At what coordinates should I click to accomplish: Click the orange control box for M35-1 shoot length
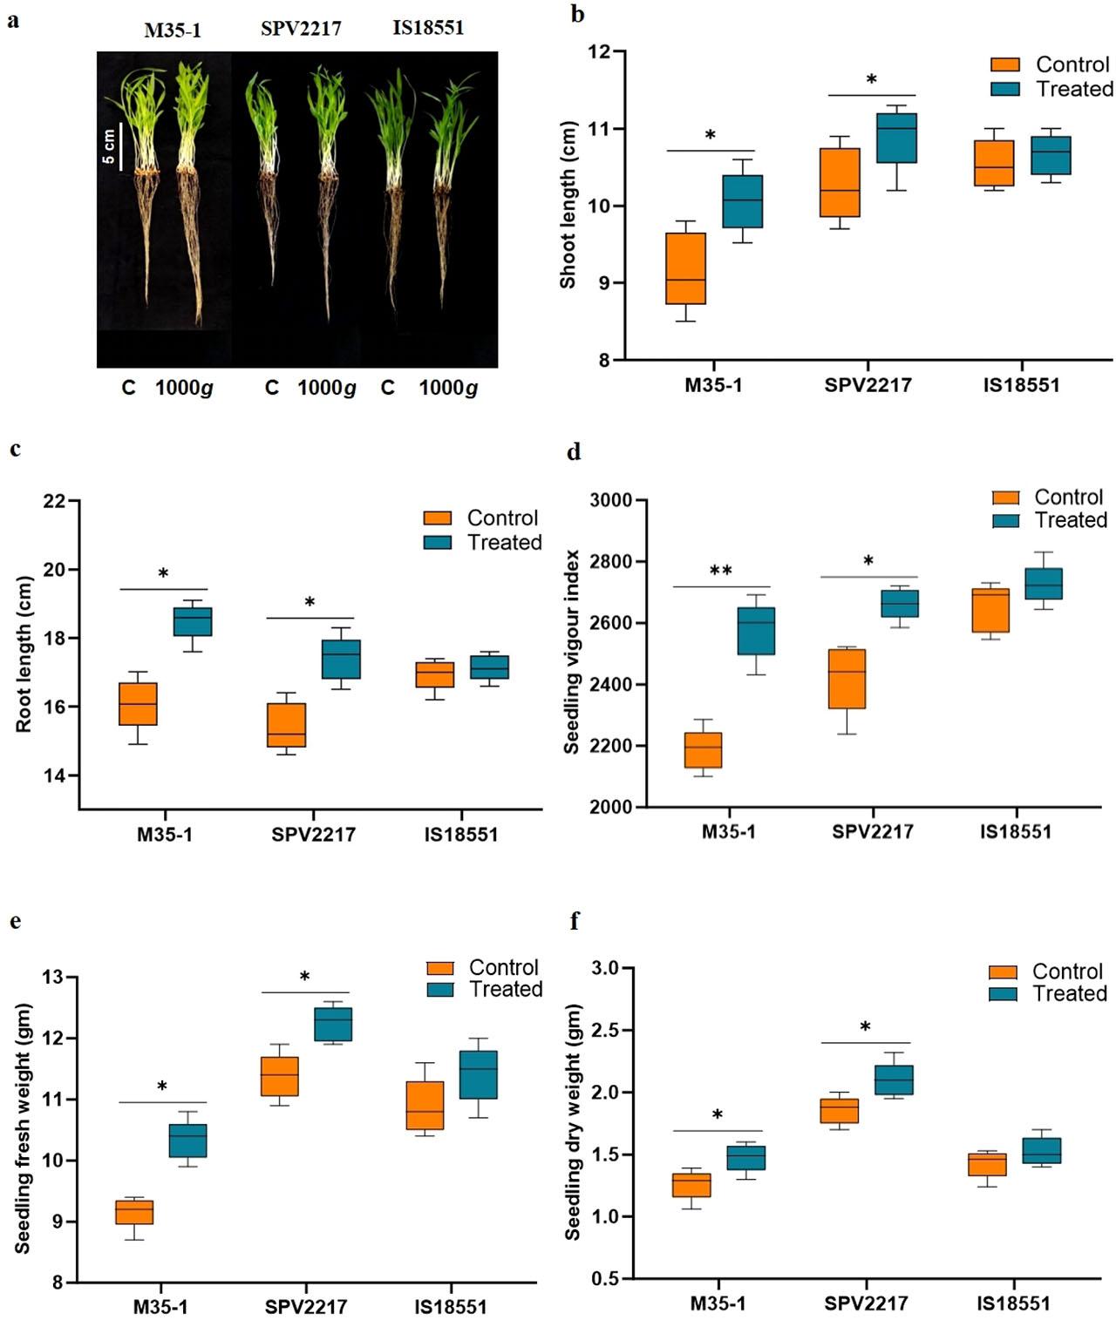point(685,268)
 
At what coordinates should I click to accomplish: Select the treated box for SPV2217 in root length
point(316,659)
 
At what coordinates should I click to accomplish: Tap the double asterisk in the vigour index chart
point(721,572)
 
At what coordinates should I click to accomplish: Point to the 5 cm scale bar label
point(109,146)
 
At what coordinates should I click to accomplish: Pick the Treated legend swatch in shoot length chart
point(1005,89)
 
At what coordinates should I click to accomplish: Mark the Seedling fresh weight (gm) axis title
point(23,1128)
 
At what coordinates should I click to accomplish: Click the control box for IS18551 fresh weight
point(425,1105)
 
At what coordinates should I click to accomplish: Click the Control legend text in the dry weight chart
point(1067,971)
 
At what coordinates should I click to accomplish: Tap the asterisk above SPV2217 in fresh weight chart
point(304,978)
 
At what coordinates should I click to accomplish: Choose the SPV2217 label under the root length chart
point(313,835)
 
